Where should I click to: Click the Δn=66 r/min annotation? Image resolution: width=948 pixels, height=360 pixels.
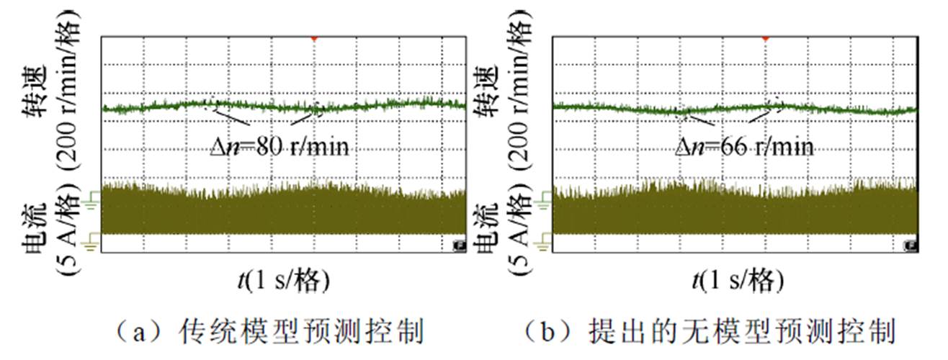pos(745,148)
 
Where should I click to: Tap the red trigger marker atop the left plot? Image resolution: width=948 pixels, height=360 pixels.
pos(313,37)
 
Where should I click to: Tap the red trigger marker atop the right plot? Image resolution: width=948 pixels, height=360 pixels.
pos(765,37)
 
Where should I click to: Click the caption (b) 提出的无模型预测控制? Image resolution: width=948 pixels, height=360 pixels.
pos(710,333)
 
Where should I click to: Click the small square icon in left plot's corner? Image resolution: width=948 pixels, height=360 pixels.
pos(458,246)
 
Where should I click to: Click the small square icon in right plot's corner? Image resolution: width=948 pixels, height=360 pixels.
pos(911,246)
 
